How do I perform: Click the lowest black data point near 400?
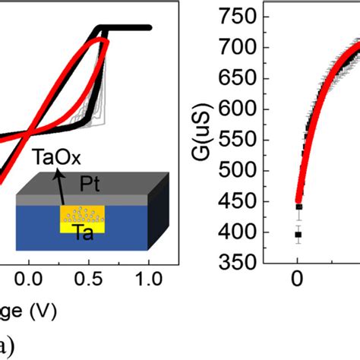pyautogui.click(x=298, y=235)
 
